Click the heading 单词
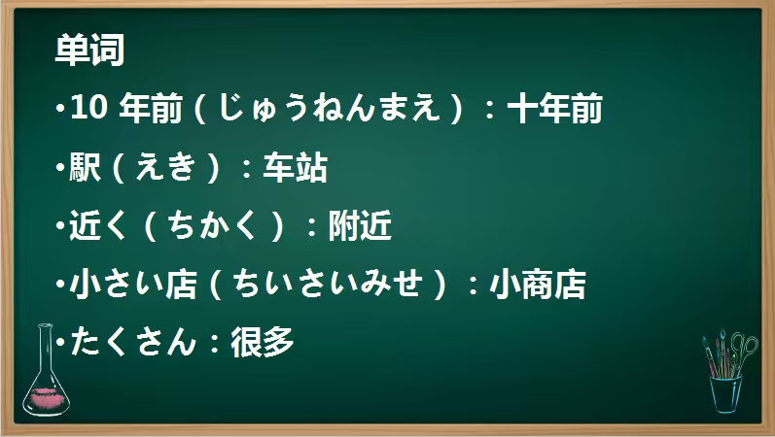(x=89, y=50)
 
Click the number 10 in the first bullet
(x=88, y=109)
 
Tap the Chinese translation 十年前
(x=555, y=109)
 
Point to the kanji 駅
(x=85, y=168)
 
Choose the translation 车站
(x=294, y=168)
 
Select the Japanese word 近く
(x=99, y=226)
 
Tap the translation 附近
(x=359, y=226)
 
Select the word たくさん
(x=130, y=342)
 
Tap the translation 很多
(x=262, y=342)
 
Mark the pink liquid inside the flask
(x=47, y=396)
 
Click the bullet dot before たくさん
(x=60, y=342)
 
